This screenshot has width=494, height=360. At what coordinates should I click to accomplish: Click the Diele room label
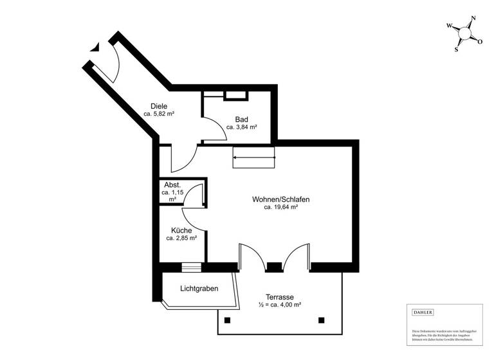[159, 105]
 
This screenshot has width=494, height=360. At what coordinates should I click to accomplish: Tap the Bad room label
[241, 119]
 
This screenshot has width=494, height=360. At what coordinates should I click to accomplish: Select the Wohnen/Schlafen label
[280, 199]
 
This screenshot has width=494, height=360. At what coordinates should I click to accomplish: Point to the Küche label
[181, 230]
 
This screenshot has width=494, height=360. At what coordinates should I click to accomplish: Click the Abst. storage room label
[172, 184]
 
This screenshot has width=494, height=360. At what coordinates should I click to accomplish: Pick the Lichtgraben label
[199, 289]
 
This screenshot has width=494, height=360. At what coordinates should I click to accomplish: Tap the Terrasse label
[280, 297]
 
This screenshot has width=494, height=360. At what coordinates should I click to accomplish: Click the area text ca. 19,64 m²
[280, 208]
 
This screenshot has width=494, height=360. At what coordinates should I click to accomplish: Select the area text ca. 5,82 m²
[159, 114]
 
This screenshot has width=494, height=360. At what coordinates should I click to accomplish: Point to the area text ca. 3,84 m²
[241, 127]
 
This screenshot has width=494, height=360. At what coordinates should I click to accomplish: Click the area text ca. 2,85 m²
[181, 239]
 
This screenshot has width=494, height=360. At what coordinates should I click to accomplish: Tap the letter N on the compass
[473, 19]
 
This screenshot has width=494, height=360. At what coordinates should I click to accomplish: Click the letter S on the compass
[457, 49]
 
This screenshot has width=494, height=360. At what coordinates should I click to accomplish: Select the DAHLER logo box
[423, 312]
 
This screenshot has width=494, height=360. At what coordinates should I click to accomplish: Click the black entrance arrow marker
[96, 46]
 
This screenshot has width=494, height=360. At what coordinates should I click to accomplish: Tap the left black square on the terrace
[226, 320]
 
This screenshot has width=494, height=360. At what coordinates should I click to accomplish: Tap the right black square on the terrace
[322, 320]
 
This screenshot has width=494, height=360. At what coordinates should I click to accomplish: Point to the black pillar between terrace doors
[274, 267]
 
